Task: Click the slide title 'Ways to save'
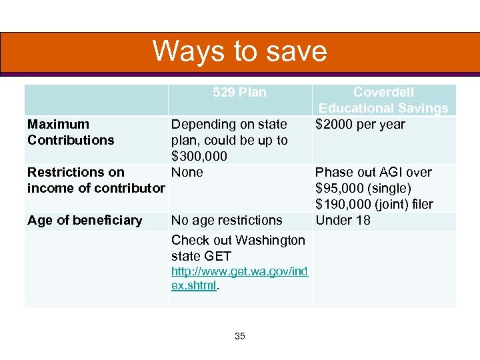point(239,51)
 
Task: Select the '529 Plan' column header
point(239,93)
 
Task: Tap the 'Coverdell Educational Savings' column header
point(383,101)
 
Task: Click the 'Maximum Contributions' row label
point(71,132)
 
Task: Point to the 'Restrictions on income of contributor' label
point(95,180)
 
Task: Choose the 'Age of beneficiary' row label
point(85,220)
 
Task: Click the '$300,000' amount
point(199,156)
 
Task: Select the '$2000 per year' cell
point(360,124)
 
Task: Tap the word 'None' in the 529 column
point(187,172)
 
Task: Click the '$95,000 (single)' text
point(363,188)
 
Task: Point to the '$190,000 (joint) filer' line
point(374,204)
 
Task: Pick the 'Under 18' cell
point(343,220)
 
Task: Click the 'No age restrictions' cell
point(227,220)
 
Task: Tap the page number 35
point(240,337)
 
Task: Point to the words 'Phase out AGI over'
point(373,172)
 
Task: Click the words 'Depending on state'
point(229,124)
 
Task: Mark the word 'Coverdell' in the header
point(383,93)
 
